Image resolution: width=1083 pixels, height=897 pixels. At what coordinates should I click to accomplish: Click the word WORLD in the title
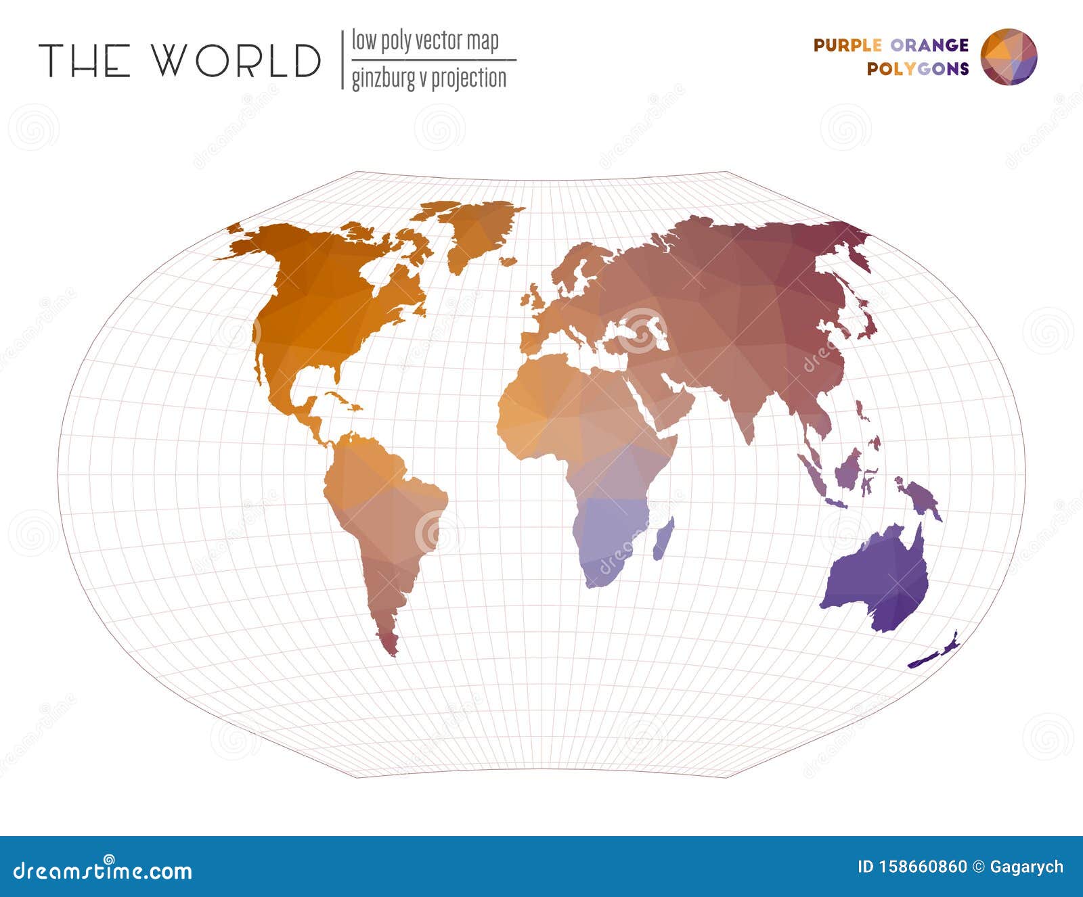pos(236,60)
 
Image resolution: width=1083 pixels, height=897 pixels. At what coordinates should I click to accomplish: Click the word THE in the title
pos(84,60)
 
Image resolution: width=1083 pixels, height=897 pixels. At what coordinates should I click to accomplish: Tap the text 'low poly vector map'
pos(425,41)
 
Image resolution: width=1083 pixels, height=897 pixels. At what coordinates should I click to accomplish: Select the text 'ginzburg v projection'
pos(428,78)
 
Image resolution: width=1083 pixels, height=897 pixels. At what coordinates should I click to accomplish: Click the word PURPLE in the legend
pos(847,45)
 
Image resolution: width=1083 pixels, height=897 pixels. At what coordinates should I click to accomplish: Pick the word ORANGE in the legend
pos(929,45)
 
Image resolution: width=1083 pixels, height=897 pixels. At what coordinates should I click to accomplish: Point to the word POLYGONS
pos(918,68)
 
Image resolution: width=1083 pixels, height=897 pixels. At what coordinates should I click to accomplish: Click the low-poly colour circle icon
pos(1009,57)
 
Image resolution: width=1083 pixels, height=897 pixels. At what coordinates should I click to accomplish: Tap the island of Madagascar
pos(663,539)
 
